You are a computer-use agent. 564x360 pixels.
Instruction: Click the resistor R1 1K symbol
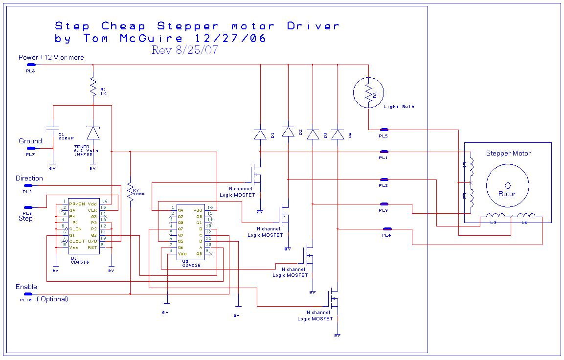coord(92,89)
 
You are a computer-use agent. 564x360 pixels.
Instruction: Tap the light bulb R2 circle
coord(368,92)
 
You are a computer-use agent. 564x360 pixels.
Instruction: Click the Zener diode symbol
coord(92,133)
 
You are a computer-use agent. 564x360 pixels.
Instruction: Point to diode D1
coord(260,135)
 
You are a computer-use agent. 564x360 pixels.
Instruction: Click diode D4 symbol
coord(338,135)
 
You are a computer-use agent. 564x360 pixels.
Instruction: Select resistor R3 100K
coord(130,192)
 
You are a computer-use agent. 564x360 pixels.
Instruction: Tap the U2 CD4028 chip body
coord(190,231)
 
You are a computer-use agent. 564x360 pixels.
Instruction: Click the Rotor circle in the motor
coord(507,185)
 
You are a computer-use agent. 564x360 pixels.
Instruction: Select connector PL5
coord(384,130)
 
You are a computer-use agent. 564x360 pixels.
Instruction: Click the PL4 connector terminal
coord(387,229)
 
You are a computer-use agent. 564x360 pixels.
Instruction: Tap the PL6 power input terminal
coord(31,65)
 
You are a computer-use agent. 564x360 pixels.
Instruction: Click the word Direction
coord(29,179)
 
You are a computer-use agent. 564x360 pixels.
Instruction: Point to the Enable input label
coord(26,287)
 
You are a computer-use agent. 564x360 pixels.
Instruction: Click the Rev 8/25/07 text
coord(184,50)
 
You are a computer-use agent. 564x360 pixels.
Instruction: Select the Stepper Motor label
coord(508,154)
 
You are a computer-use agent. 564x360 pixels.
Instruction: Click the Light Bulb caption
coord(399,107)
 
